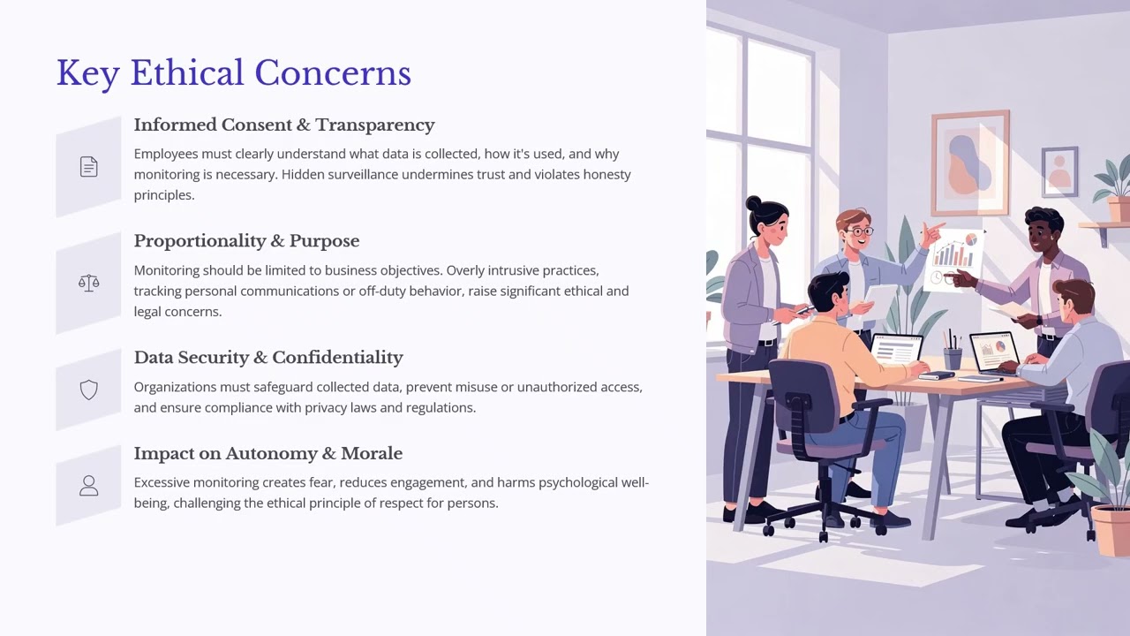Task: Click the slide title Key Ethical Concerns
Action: click(233, 73)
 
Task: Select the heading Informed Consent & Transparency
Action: click(283, 125)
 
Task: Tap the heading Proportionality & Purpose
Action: click(246, 241)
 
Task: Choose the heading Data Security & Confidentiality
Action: click(268, 358)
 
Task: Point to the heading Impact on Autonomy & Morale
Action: click(267, 454)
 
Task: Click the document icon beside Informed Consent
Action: click(88, 167)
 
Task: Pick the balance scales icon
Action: click(88, 284)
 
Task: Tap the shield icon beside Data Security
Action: click(88, 390)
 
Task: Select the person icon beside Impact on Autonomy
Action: click(88, 486)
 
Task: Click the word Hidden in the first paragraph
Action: click(302, 175)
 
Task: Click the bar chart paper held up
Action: click(955, 256)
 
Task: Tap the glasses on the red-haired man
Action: click(856, 231)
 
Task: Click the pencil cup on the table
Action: click(952, 355)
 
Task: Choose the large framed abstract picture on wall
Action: click(969, 163)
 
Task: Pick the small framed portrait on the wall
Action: click(1059, 170)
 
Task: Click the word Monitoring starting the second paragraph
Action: click(166, 270)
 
